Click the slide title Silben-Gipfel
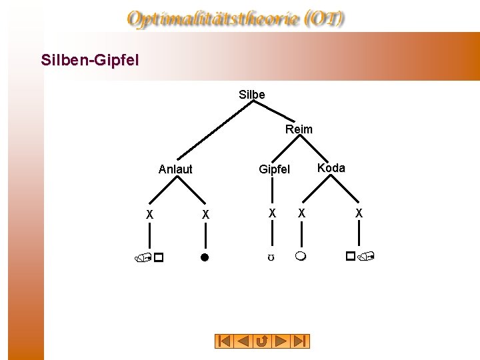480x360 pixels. click(90, 61)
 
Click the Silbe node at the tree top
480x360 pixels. click(252, 95)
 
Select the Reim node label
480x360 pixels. click(299, 129)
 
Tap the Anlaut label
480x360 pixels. click(175, 169)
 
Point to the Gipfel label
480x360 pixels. click(275, 170)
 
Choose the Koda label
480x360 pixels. click(331, 168)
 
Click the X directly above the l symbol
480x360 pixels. click(205, 215)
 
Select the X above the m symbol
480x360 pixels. click(301, 213)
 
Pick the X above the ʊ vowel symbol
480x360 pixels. click(272, 213)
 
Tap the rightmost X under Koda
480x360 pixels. click(359, 213)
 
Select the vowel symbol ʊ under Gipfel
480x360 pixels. click(272, 257)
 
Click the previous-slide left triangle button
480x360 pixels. click(244, 341)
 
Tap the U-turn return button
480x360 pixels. click(263, 341)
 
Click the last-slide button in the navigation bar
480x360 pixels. click(301, 341)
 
